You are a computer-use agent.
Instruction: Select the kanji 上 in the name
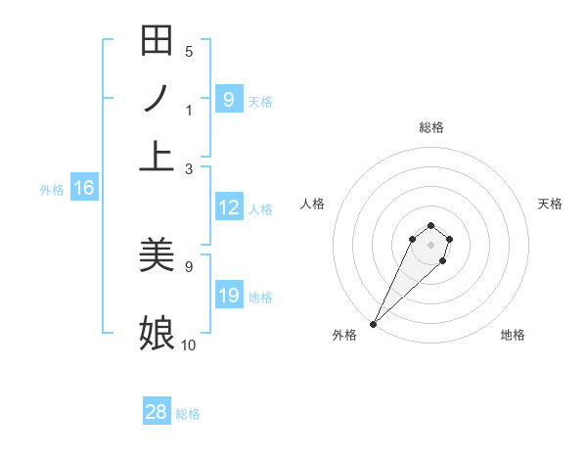pos(157,156)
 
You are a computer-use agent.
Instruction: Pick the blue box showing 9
pos(228,99)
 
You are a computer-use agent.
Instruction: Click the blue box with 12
pos(228,207)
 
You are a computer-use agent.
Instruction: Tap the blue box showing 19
pos(228,296)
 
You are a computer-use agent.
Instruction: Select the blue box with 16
pos(84,189)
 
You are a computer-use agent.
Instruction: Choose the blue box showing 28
pos(157,412)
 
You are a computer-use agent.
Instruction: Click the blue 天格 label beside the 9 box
pos(260,101)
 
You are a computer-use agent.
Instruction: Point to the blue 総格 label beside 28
pos(188,414)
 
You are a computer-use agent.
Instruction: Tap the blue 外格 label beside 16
pos(52,190)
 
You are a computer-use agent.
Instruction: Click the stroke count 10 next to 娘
pos(188,345)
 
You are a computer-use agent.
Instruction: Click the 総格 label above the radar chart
pos(430,127)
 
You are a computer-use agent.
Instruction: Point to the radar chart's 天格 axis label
pos(550,204)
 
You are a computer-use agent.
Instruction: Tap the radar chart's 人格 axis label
pos(312,204)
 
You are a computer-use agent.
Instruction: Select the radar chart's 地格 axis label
pos(513,335)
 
